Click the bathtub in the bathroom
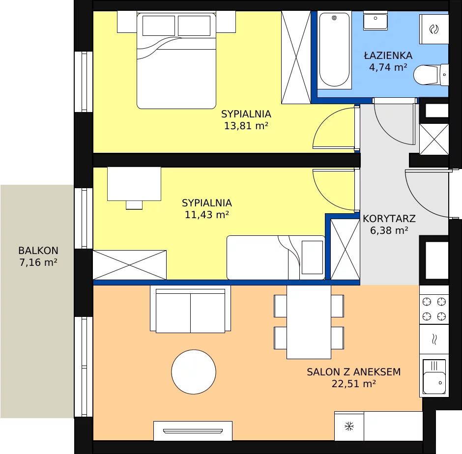tap(334, 50)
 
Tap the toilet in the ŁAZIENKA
tap(431, 75)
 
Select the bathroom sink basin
tap(375, 21)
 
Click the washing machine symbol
tap(434, 29)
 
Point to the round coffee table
tap(194, 372)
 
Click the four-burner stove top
tap(434, 309)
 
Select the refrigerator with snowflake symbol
tap(349, 426)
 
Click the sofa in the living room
tap(190, 309)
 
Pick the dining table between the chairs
tap(309, 322)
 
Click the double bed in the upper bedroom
tap(176, 60)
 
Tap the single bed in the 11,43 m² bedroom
tap(276, 257)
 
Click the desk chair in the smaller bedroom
tap(134, 205)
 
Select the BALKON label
tap(38, 251)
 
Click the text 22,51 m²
tap(353, 384)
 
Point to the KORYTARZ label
tap(389, 219)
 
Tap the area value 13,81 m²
tap(246, 126)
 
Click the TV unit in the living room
tap(193, 431)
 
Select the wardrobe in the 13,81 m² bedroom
tap(296, 57)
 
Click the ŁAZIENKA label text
tap(388, 56)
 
